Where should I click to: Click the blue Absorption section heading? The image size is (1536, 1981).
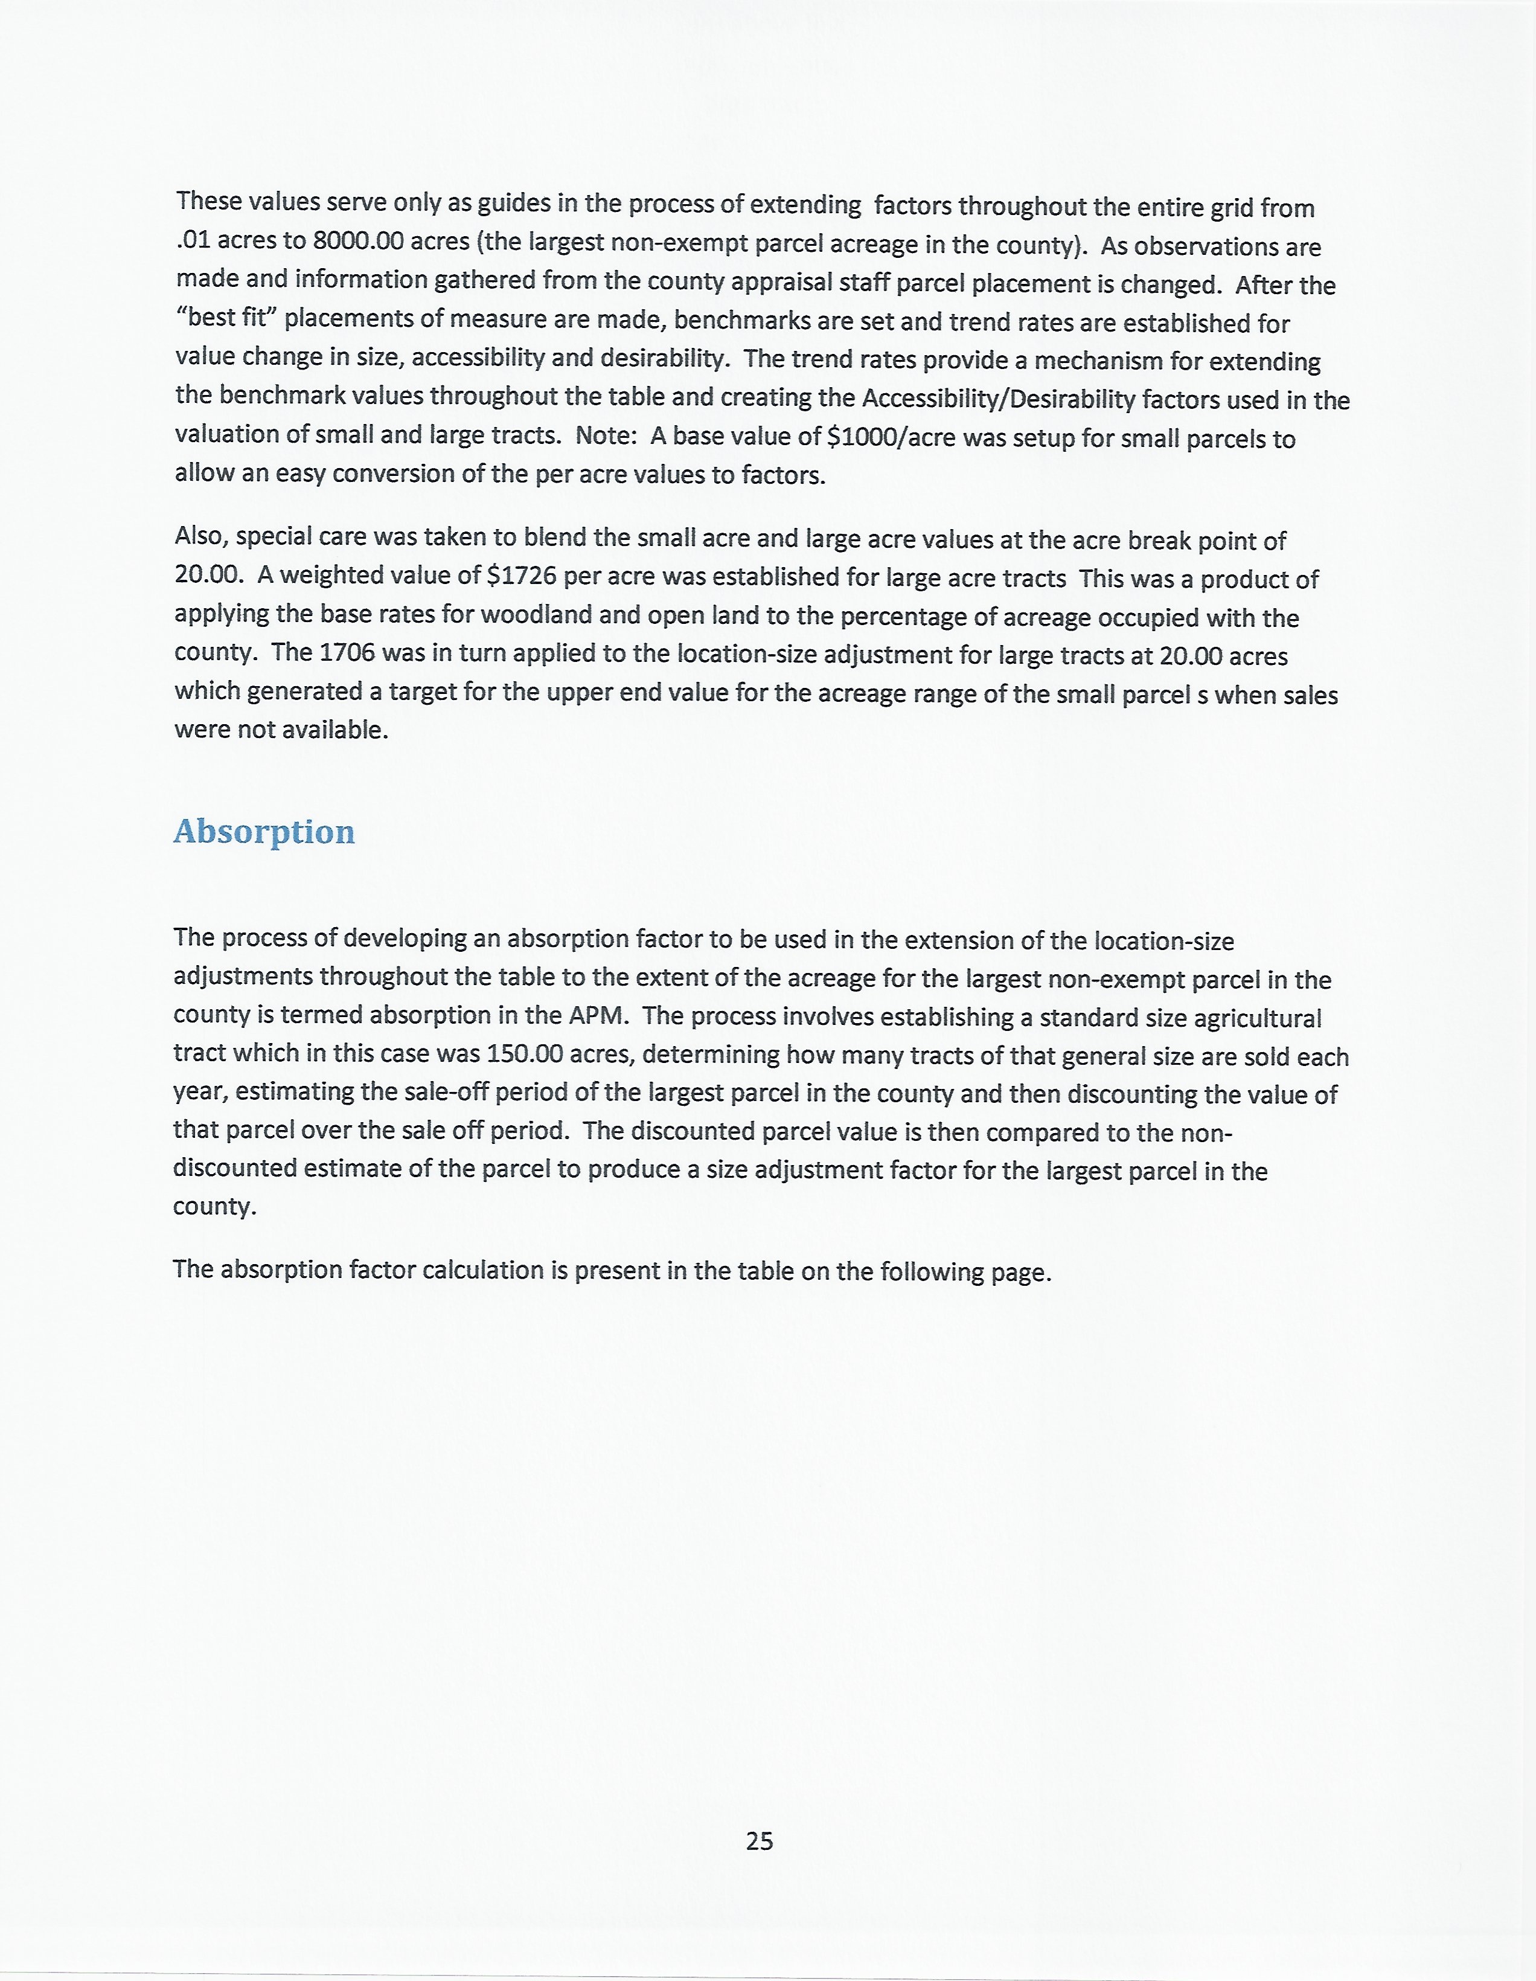[264, 832]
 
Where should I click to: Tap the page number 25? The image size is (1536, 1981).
[760, 1840]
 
